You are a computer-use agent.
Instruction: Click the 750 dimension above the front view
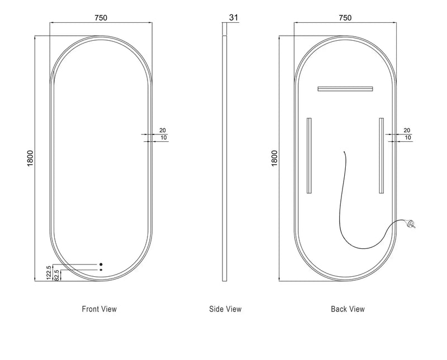tap(101, 17)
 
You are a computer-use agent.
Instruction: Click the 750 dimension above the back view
tap(345, 17)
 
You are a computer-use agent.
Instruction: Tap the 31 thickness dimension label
tap(234, 17)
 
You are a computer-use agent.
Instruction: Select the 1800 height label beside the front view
tap(30, 158)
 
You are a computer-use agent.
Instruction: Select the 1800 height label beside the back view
tap(274, 158)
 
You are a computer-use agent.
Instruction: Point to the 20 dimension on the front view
tap(163, 130)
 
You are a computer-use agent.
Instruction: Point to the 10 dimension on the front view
tap(163, 137)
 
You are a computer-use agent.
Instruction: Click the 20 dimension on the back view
tap(406, 130)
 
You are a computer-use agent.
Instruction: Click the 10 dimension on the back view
tap(407, 137)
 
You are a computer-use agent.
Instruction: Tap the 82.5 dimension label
tap(56, 276)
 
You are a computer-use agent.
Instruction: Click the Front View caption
tap(99, 309)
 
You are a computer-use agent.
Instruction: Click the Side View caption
tap(225, 309)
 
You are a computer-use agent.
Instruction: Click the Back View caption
tap(348, 309)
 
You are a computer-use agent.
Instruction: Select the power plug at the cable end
tap(413, 225)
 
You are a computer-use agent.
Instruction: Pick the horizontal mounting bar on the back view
tap(345, 88)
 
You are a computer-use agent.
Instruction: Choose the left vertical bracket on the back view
tap(308, 155)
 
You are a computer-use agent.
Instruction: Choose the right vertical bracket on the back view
tap(381, 155)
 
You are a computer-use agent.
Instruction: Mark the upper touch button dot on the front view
tap(101, 264)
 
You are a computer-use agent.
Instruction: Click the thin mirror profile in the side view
tap(225, 156)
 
